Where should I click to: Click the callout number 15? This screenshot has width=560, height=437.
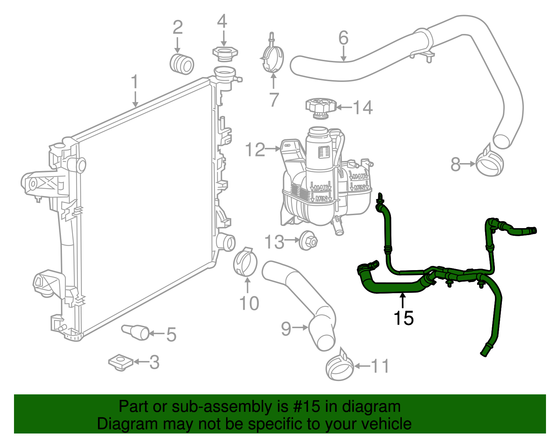click(x=403, y=318)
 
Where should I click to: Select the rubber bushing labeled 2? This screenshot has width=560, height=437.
click(x=182, y=64)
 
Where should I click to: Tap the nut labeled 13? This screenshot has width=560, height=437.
click(x=308, y=240)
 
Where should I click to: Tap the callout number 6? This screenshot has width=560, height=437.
click(x=343, y=38)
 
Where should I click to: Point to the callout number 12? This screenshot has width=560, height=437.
click(x=255, y=150)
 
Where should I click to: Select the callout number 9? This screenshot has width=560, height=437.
click(x=286, y=329)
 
